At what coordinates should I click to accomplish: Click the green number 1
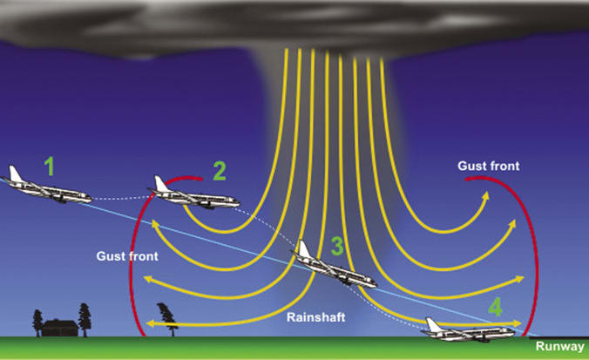(x=50, y=166)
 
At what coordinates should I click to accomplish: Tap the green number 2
(x=219, y=170)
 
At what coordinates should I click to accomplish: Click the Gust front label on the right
(x=489, y=165)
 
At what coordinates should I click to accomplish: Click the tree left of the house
(x=37, y=320)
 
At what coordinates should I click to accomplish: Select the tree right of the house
(x=85, y=316)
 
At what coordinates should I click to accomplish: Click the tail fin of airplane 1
(x=12, y=173)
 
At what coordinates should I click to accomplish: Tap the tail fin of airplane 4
(x=431, y=323)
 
